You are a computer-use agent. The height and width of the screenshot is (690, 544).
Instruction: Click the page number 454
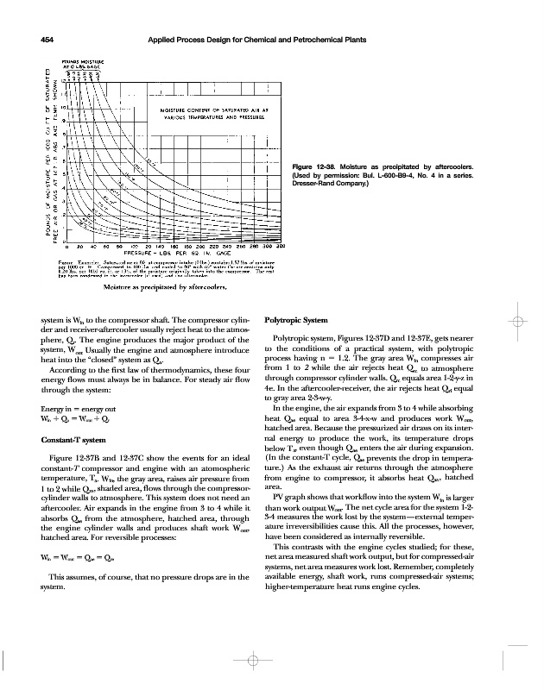pyautogui.click(x=41, y=41)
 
